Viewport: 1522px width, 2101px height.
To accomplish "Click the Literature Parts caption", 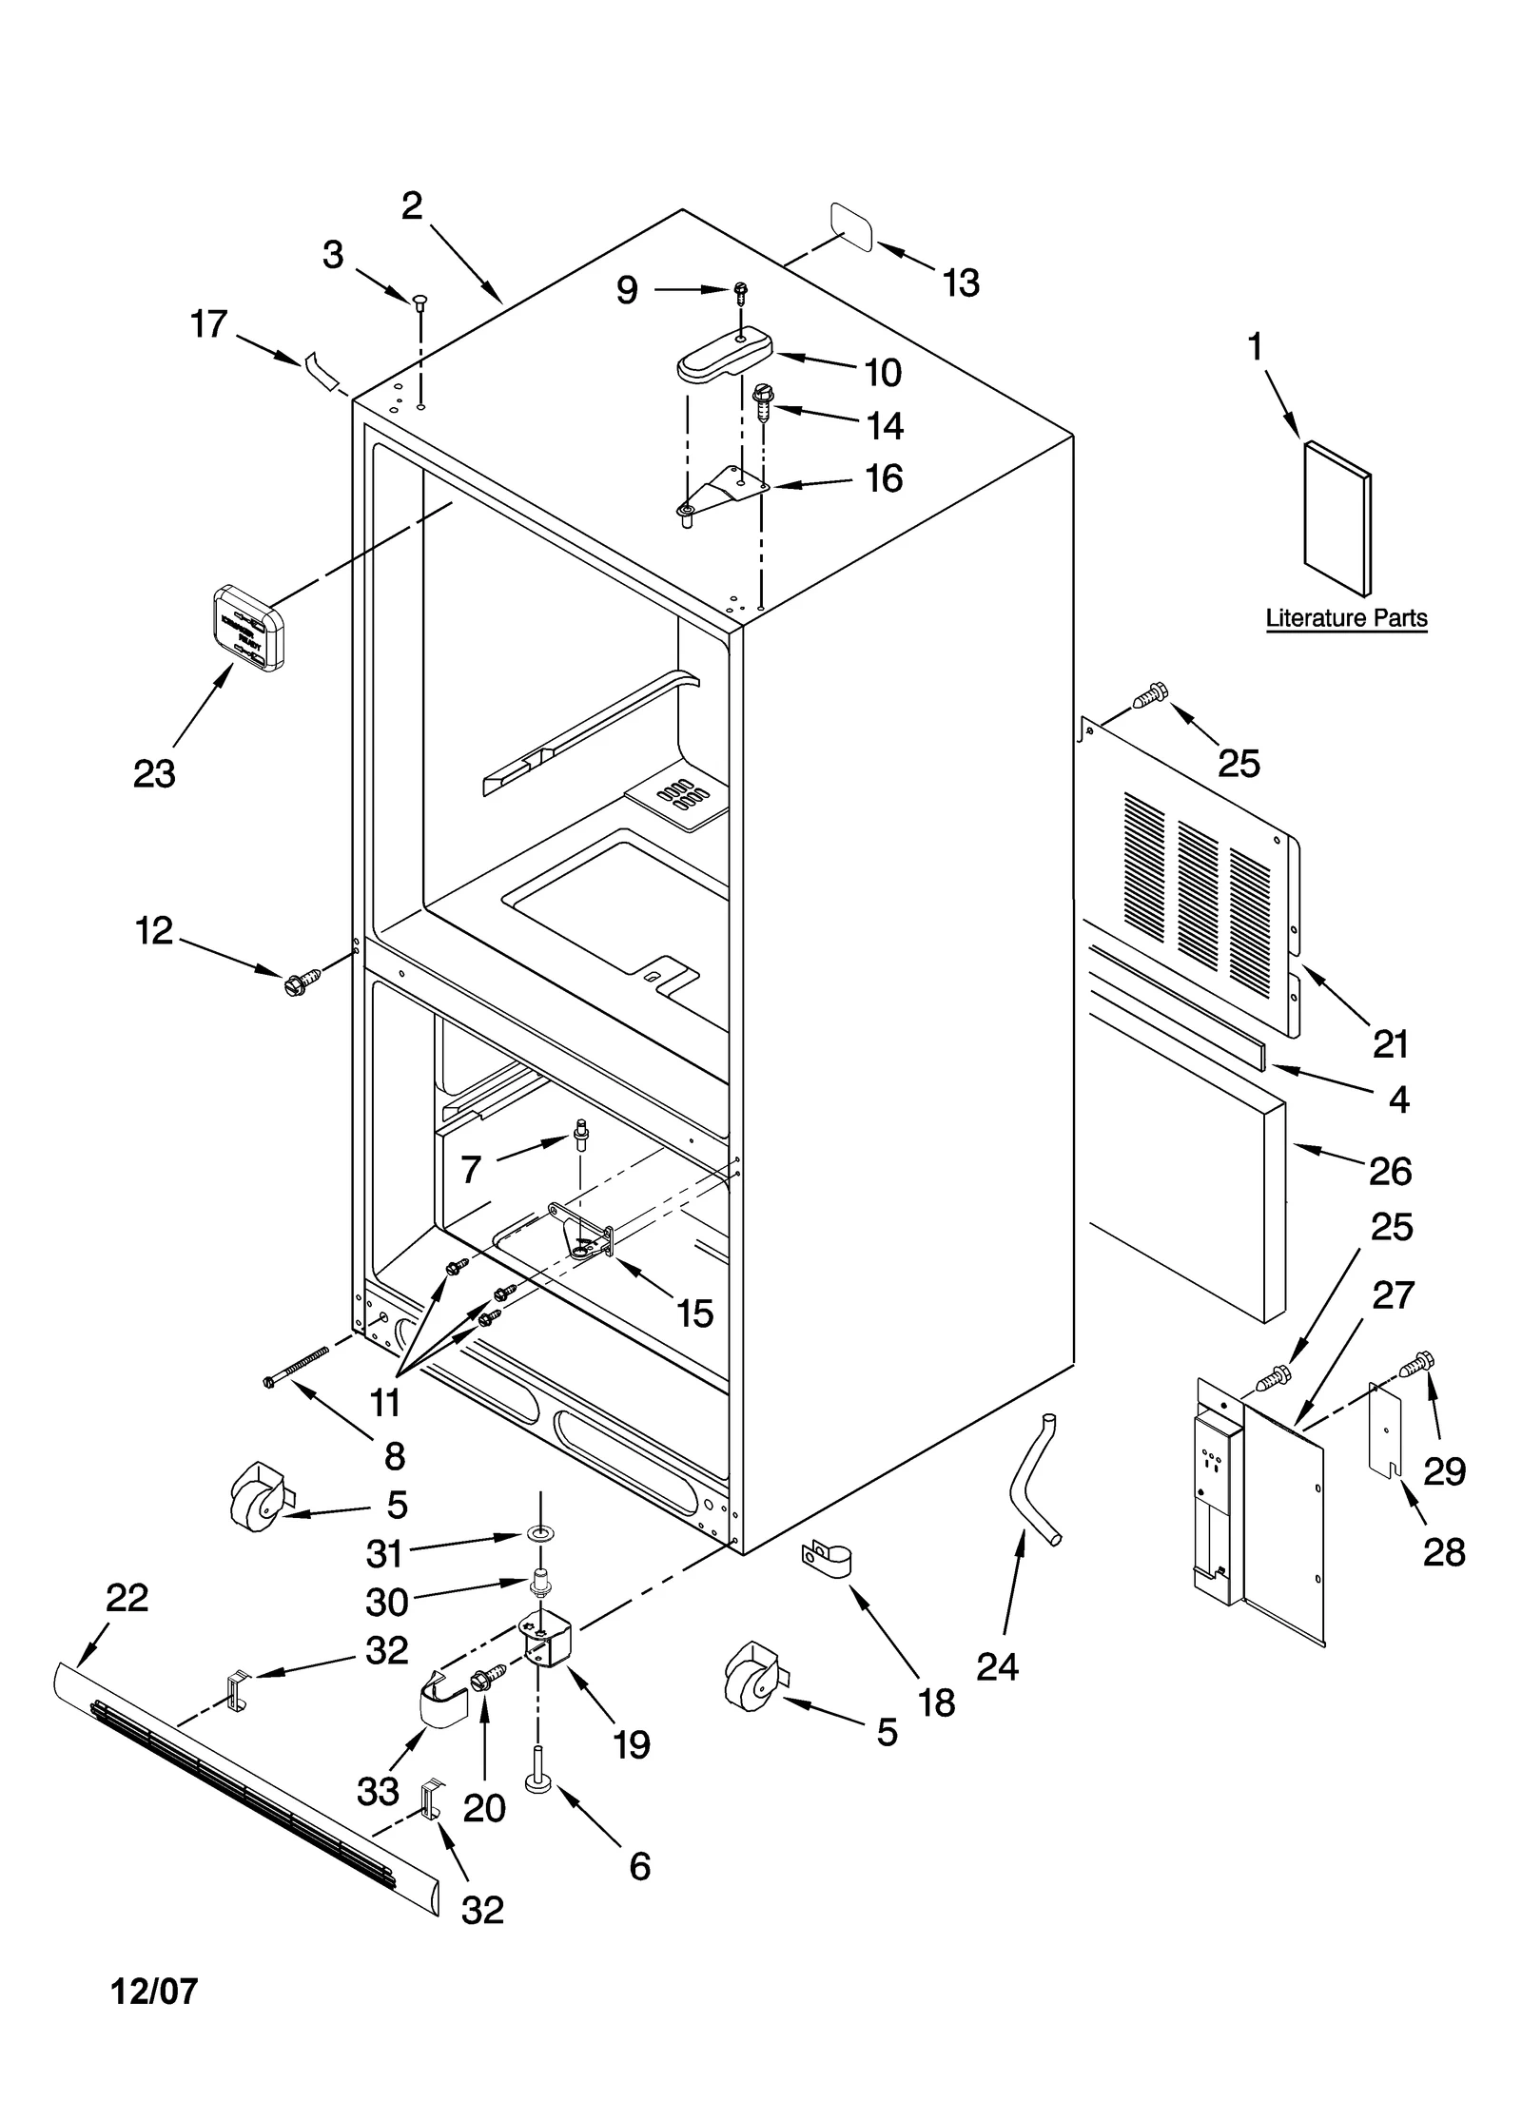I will [x=1345, y=618].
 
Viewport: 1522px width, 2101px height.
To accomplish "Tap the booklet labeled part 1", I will [x=1337, y=517].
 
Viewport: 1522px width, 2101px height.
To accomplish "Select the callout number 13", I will [x=961, y=283].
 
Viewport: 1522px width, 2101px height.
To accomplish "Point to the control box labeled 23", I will [x=248, y=628].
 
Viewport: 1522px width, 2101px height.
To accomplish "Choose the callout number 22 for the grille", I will [x=127, y=1597].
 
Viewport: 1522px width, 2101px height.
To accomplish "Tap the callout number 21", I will [x=1389, y=1044].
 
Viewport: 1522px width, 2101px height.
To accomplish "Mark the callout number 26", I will [x=1389, y=1171].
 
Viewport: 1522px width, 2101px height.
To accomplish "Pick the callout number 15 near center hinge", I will [x=694, y=1313].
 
